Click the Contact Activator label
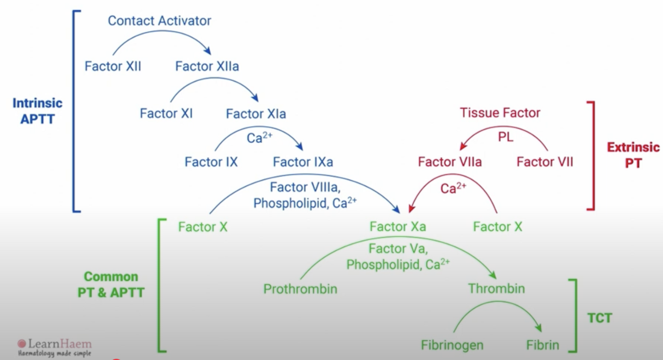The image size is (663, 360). [160, 21]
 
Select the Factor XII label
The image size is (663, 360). [113, 66]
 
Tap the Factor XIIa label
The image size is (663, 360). [207, 66]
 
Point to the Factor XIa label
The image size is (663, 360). [256, 114]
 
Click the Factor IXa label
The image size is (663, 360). [303, 162]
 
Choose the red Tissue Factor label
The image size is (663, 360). [500, 113]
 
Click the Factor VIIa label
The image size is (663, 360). [450, 162]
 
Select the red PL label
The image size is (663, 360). [505, 137]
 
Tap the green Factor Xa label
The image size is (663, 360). [398, 227]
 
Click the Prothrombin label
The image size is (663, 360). [300, 288]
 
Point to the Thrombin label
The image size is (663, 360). [496, 288]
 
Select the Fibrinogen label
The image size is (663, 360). [452, 345]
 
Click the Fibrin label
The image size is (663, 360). [543, 345]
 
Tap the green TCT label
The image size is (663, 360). [600, 318]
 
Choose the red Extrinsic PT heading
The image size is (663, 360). [633, 155]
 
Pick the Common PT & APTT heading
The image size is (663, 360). [111, 284]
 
